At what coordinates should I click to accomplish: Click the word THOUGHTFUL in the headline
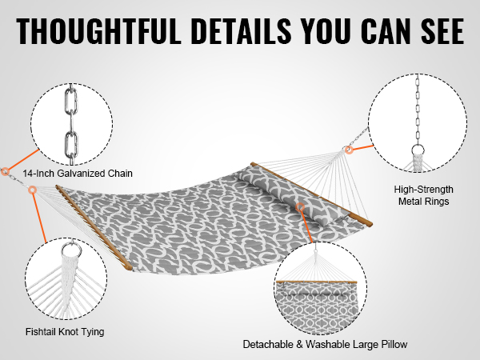[x=98, y=31]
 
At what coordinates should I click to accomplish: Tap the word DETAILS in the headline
[x=242, y=31]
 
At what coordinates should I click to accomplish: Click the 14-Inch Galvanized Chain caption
[x=78, y=174]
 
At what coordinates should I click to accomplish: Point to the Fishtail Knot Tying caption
[x=65, y=332]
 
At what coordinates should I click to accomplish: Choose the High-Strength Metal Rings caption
[x=424, y=195]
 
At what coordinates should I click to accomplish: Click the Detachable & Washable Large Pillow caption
[x=325, y=344]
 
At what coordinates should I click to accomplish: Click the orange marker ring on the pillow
[x=300, y=207]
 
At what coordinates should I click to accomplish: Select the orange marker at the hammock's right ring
[x=349, y=150]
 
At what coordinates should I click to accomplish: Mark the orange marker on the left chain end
[x=5, y=172]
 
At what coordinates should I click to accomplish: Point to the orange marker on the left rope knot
[x=32, y=190]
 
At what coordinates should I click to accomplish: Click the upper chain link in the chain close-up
[x=70, y=102]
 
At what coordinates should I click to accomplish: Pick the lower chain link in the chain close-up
[x=70, y=145]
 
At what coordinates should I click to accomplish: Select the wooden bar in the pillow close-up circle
[x=317, y=282]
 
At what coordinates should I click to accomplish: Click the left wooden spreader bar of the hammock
[x=94, y=227]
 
